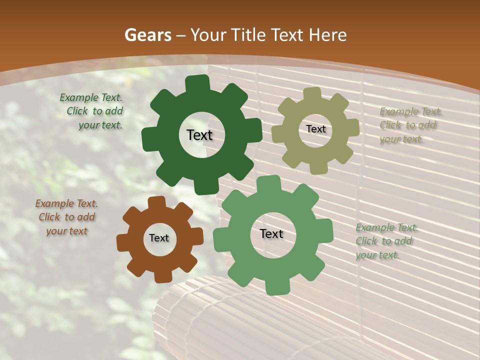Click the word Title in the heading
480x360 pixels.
247,35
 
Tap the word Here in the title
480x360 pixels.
327,35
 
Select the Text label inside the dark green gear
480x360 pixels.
199,135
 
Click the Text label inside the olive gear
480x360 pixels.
315,129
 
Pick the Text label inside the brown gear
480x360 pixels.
159,238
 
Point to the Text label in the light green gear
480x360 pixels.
271,234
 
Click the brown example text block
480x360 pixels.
66,217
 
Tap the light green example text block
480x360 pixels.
386,241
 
